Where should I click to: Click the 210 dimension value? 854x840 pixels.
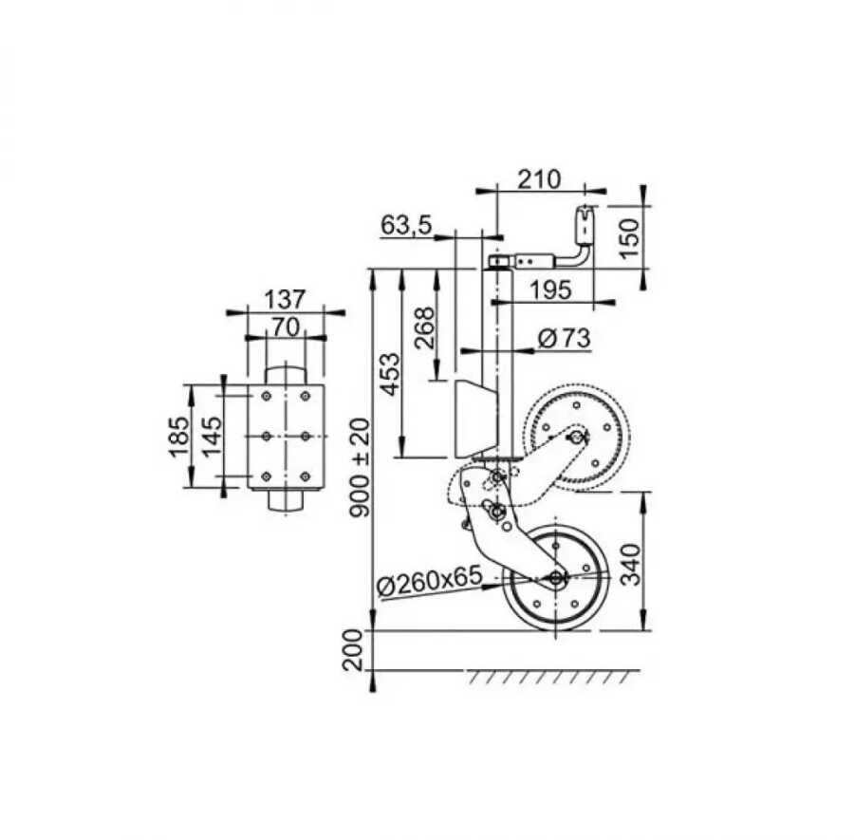pyautogui.click(x=539, y=178)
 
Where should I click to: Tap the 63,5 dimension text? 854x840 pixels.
pyautogui.click(x=406, y=224)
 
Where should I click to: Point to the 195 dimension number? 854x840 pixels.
pyautogui.click(x=550, y=289)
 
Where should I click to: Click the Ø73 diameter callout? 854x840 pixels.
pyautogui.click(x=565, y=338)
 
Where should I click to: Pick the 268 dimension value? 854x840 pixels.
pyautogui.click(x=424, y=328)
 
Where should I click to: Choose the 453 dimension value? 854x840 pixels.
pyautogui.click(x=390, y=374)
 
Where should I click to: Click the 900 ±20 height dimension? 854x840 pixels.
pyautogui.click(x=360, y=467)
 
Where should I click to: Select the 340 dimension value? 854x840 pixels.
pyautogui.click(x=631, y=564)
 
